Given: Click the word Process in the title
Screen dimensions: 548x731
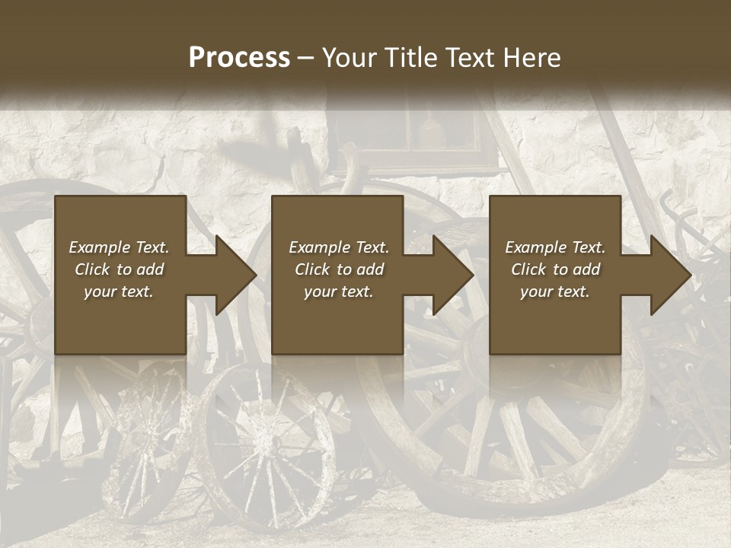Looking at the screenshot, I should (x=239, y=58).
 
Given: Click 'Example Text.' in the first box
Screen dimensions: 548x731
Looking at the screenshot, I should (x=119, y=247).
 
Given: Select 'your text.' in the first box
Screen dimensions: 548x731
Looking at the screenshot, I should (x=119, y=292).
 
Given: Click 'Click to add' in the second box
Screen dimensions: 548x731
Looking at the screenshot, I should (x=339, y=269).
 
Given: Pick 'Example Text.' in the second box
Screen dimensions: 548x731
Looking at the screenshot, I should (x=339, y=247).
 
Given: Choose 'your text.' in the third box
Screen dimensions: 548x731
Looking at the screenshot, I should (x=555, y=292).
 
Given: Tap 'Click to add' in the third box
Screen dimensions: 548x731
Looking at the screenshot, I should (x=555, y=269).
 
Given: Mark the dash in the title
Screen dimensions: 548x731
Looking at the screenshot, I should (x=306, y=59).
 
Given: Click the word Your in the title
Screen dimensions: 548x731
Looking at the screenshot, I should (x=346, y=58).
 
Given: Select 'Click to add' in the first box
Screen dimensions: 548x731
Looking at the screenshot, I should (x=119, y=269).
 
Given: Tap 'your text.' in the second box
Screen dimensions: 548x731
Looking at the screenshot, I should (x=339, y=292).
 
